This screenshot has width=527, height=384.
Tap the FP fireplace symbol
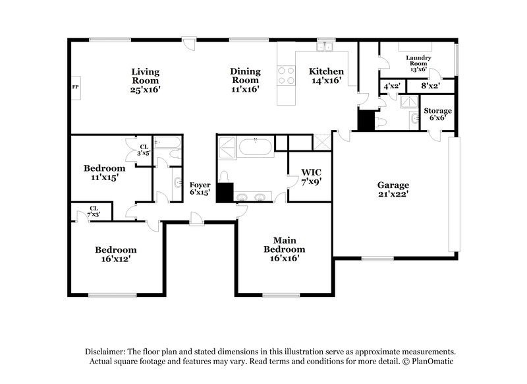tap(75, 87)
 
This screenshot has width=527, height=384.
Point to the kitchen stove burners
tap(287, 75)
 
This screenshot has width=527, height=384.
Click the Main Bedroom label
tap(285, 245)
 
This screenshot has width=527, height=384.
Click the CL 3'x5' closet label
tap(143, 150)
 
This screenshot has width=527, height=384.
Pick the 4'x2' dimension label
tap(391, 86)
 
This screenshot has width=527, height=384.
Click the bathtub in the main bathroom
tap(256, 146)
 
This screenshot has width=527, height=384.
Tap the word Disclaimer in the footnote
tap(106, 352)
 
